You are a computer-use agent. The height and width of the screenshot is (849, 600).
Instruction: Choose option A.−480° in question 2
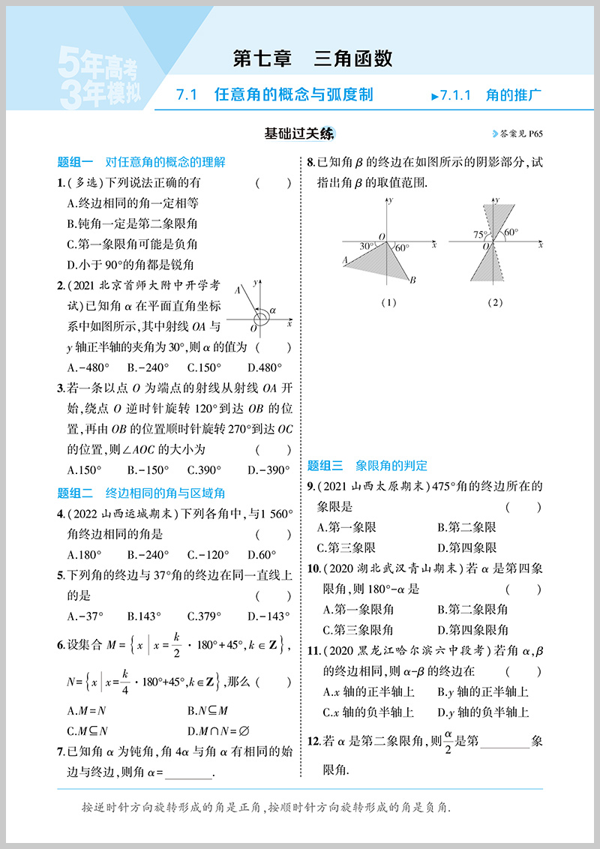pos(88,367)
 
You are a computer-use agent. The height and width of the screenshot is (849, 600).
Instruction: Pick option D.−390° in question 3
pos(268,470)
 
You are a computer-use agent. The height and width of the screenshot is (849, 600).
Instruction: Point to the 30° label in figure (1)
pos(367,246)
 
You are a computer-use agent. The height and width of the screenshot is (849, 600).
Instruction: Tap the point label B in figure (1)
pos(412,280)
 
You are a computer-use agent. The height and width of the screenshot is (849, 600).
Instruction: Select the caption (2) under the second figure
pos(494,302)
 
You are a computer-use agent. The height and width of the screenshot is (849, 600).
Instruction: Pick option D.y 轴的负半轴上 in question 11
pos(483,712)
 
